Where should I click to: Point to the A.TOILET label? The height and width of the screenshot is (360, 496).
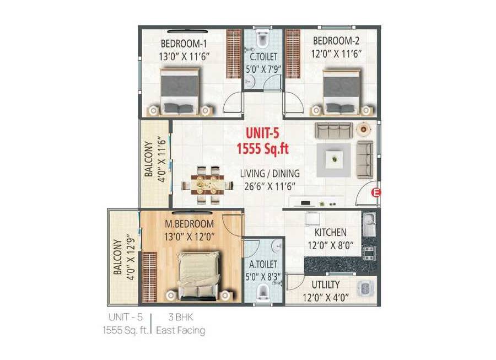pos(263,264)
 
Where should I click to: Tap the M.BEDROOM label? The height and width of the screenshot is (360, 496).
pos(189,224)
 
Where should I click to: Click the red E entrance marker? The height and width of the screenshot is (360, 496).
pos(377,192)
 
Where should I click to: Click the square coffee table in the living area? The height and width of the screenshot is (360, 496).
pos(333,160)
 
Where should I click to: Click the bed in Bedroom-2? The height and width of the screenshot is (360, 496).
pos(340,91)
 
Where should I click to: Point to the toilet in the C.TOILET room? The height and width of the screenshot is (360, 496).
pos(263,40)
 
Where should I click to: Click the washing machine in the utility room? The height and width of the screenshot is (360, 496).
pos(364,288)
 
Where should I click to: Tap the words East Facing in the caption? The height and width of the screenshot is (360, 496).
pos(181,331)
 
